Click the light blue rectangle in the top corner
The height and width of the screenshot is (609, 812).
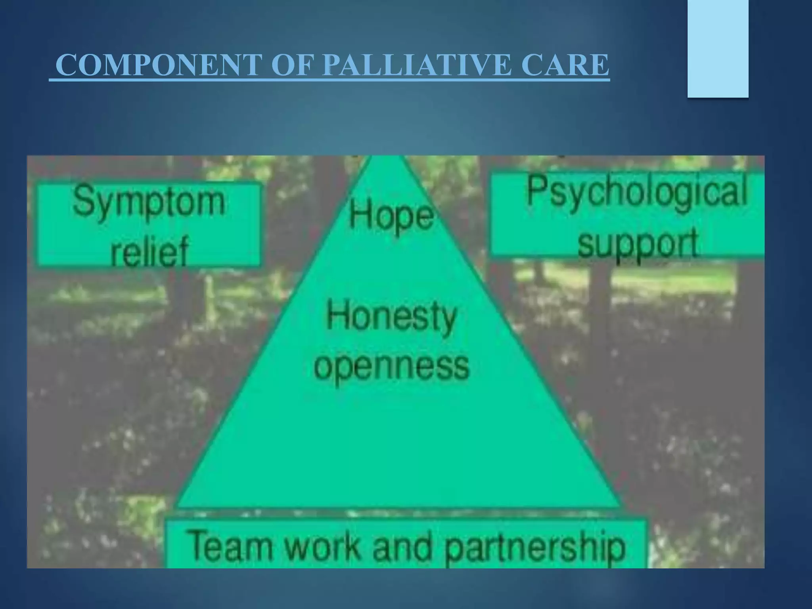coord(718,48)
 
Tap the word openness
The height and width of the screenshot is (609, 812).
coord(391,366)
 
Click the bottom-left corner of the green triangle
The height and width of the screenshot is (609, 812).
coord(176,506)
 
